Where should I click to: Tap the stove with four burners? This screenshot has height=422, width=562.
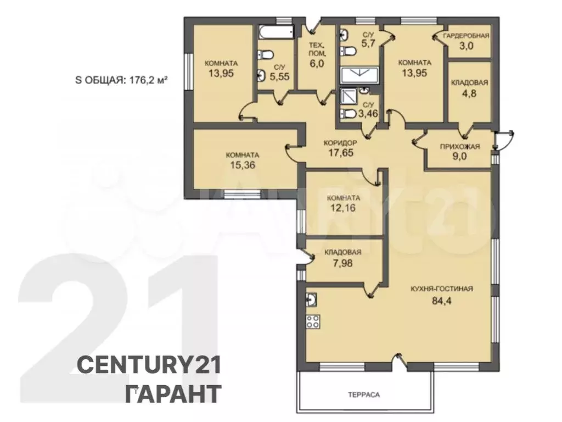(x=313, y=321)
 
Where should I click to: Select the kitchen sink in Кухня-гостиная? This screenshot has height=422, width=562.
(x=312, y=299)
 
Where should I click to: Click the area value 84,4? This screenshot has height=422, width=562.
(x=442, y=301)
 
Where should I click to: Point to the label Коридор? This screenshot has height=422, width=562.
(x=340, y=143)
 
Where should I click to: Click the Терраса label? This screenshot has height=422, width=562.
(x=364, y=395)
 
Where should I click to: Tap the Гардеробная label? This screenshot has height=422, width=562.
(x=466, y=36)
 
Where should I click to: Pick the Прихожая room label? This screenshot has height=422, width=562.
(x=460, y=146)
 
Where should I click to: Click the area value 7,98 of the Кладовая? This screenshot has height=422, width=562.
(x=342, y=263)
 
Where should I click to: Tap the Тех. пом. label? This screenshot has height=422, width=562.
(x=318, y=49)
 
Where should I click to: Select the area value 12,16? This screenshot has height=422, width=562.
(x=344, y=208)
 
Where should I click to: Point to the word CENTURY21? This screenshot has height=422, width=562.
(x=149, y=364)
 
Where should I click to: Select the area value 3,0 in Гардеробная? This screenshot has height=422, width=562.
(x=466, y=46)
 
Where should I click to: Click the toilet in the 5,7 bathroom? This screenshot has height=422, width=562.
(x=347, y=51)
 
